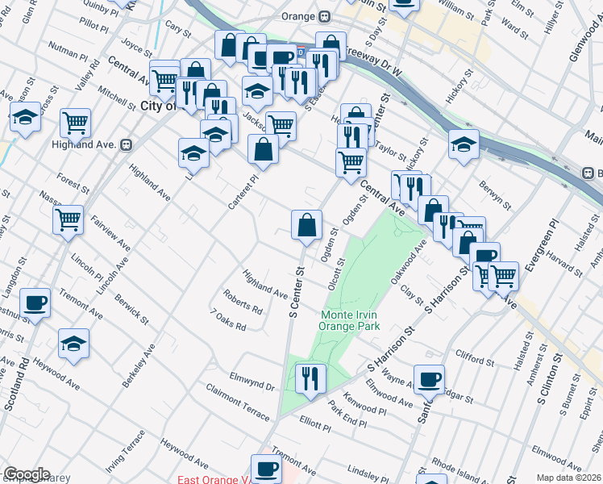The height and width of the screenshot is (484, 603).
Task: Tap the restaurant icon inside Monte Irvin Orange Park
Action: click(310, 378)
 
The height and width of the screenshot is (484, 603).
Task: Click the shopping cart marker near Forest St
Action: click(69, 219)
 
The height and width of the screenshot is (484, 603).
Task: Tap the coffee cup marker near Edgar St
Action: click(429, 380)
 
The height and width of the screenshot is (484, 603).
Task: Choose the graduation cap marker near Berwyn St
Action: click(464, 144)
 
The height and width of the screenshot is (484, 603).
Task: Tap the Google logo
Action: click(27, 474)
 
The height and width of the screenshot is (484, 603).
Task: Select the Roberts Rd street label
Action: click(243, 302)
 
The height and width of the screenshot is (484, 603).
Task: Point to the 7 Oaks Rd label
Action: click(227, 321)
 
